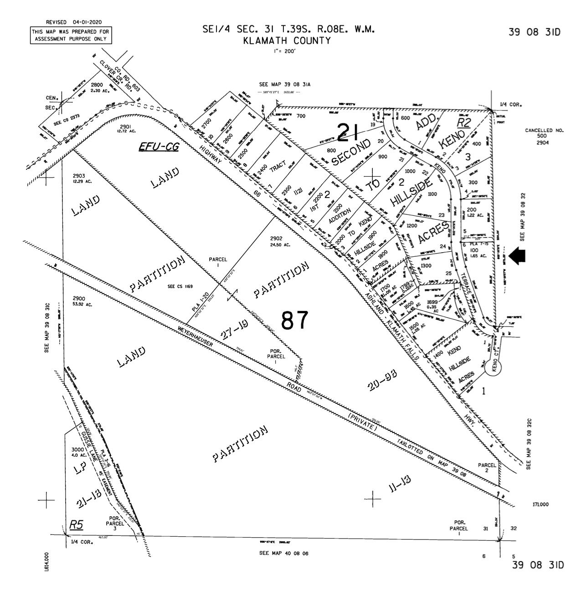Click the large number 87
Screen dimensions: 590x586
(x=295, y=320)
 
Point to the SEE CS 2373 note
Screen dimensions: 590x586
(x=67, y=123)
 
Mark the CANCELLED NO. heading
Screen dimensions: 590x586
(x=544, y=131)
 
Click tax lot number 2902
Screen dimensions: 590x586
(x=277, y=238)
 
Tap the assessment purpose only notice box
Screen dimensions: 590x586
(x=71, y=35)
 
